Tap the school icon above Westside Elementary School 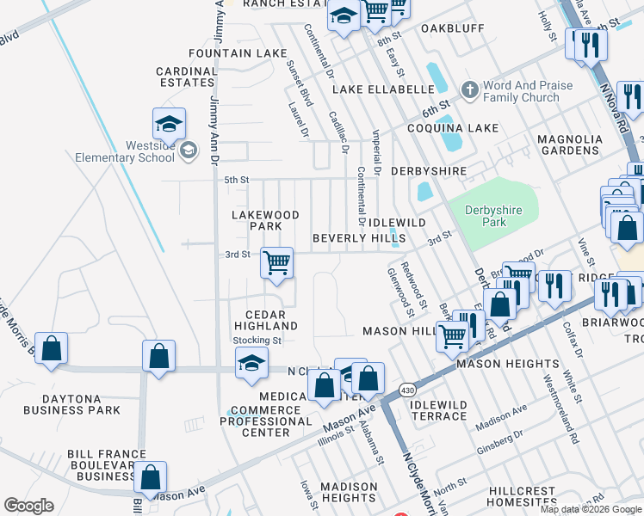pos(170,125)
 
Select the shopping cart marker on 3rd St pos(276,262)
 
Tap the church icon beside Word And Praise pos(469,89)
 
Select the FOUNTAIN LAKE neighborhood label pos(226,53)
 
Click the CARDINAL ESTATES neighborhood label pos(185,77)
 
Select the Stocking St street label pos(257,341)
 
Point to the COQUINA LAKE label pos(460,128)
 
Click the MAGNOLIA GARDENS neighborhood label pos(568,144)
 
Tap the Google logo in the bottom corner pos(28,505)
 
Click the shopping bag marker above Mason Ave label pos(150,478)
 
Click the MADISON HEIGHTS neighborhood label pos(349,492)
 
